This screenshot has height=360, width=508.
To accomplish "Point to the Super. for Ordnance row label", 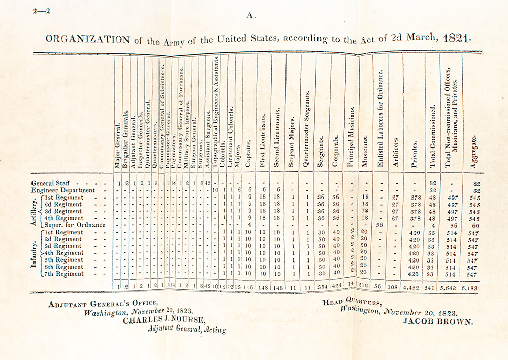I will pyautogui.click(x=75, y=225).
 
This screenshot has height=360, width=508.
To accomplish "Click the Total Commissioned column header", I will pyautogui.click(x=433, y=136).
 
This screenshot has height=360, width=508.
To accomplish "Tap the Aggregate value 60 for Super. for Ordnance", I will pyautogui.click(x=473, y=225).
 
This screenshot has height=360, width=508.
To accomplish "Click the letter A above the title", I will pyautogui.click(x=250, y=16).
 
